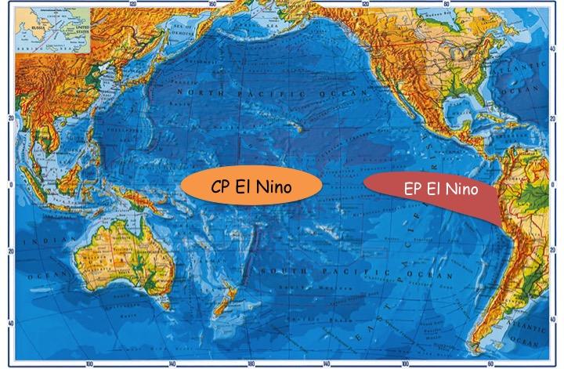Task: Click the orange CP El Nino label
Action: coord(251,186)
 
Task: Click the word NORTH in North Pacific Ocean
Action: coord(197,92)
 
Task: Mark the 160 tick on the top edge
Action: coord(211,5)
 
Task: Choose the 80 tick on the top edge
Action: coord(447,5)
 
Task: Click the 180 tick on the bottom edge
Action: coord(251,364)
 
